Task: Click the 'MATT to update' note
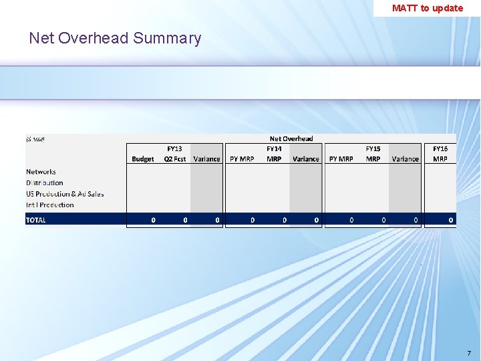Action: [x=427, y=8]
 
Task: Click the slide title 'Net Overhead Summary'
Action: [x=115, y=38]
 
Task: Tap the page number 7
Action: [x=468, y=353]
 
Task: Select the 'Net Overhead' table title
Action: [x=291, y=138]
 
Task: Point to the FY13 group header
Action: [x=174, y=148]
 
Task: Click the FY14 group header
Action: [x=274, y=148]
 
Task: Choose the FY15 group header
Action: [x=373, y=148]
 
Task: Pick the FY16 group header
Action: [x=440, y=148]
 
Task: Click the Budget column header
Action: [x=142, y=159]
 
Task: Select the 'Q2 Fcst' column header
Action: [x=175, y=159]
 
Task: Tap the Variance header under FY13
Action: [x=206, y=159]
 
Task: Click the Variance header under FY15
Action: [x=405, y=159]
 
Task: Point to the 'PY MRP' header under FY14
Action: [x=241, y=159]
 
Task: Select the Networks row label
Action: [x=41, y=172]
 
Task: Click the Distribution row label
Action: [x=44, y=183]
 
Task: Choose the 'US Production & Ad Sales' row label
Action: [x=65, y=194]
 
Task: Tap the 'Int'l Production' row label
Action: [x=50, y=205]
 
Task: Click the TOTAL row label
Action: [x=36, y=220]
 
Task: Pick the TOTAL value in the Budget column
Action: [x=153, y=220]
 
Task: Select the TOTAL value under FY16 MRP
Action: [x=451, y=220]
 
